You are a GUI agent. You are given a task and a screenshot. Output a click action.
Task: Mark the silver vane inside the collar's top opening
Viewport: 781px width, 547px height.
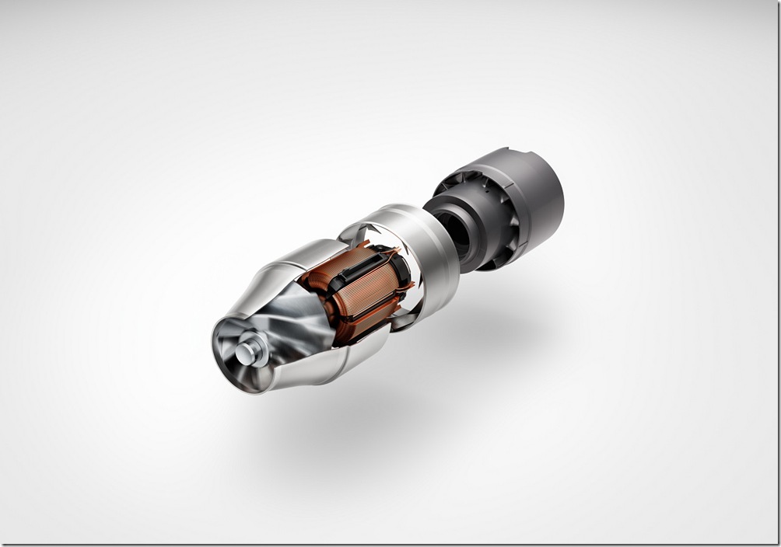click(x=366, y=231)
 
